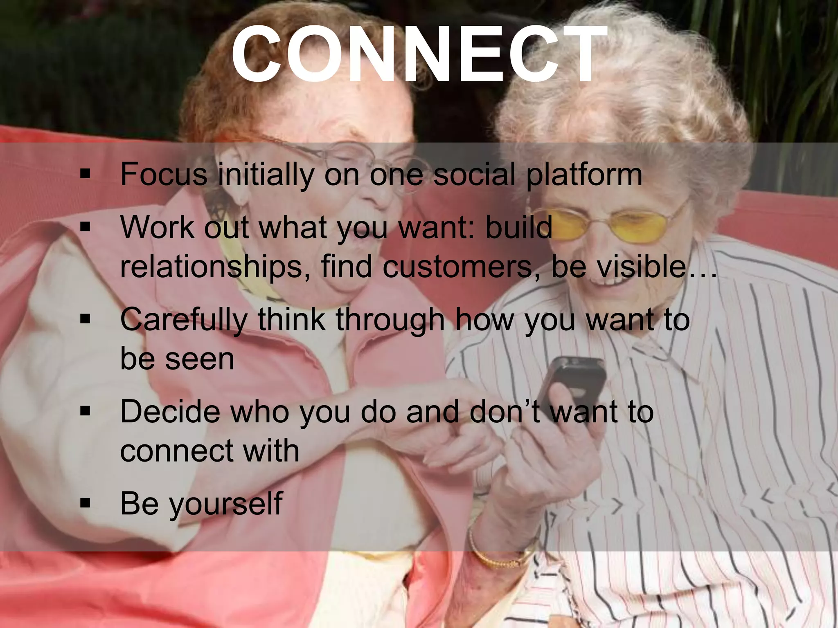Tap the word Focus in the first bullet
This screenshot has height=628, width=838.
164,175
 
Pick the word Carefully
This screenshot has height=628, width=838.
184,320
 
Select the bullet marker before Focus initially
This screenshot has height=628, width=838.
85,174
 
